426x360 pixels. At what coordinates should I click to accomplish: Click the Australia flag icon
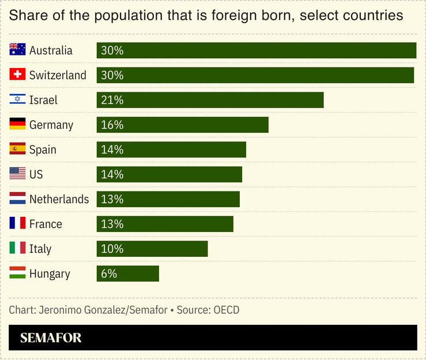coord(17,50)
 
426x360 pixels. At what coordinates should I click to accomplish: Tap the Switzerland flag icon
coord(17,75)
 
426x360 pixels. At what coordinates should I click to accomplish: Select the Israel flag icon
coord(17,100)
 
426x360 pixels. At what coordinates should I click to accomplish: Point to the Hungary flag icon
coord(17,273)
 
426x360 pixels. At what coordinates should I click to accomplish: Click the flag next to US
coord(17,174)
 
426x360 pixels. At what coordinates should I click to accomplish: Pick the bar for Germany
coord(182,125)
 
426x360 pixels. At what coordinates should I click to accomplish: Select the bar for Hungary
coord(127,273)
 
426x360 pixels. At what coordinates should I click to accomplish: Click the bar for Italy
coord(152,249)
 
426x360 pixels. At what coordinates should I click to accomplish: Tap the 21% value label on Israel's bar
coord(112,100)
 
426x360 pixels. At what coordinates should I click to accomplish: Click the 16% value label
coord(112,125)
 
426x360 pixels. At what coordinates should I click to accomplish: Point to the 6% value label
coord(109,273)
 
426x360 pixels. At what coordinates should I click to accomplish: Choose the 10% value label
coord(112,249)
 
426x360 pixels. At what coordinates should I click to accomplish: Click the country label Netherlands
coord(59,199)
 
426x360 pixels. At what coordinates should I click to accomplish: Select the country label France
coord(46,224)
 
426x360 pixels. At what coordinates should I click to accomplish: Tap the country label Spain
coord(43,149)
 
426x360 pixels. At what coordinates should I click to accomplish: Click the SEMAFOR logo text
coord(51,338)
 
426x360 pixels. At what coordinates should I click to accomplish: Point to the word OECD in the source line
coord(226,310)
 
